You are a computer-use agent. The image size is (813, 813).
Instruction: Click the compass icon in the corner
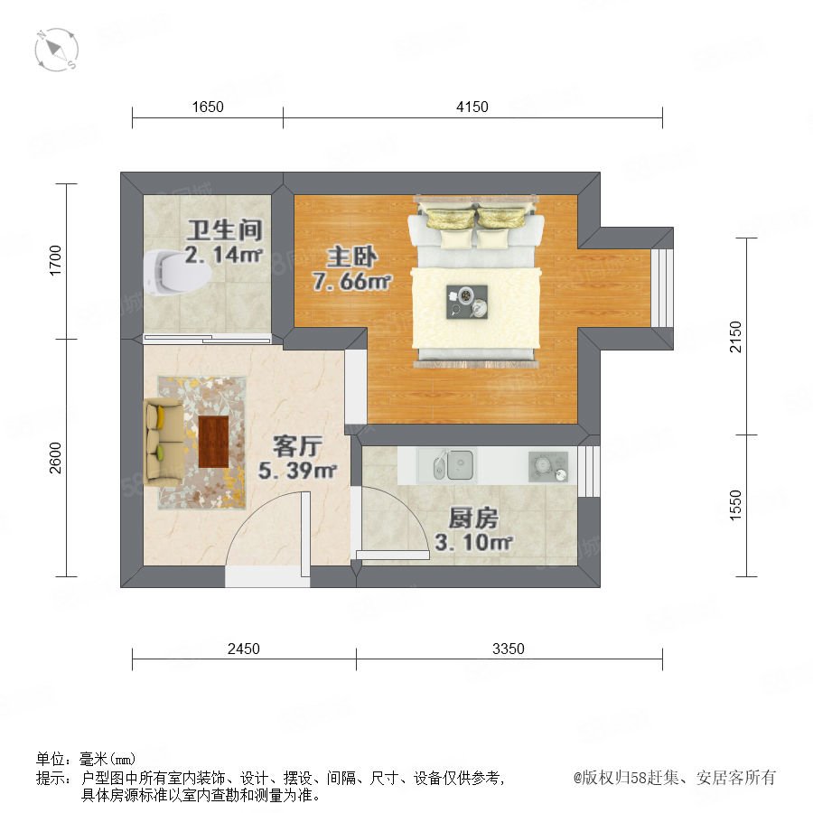[x=56, y=50]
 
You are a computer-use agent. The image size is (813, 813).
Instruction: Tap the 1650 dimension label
[x=208, y=107]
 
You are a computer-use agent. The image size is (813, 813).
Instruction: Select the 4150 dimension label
[x=472, y=107]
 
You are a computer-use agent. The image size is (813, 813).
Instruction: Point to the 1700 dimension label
[x=55, y=260]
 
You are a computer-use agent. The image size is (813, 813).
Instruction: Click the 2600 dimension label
[x=55, y=458]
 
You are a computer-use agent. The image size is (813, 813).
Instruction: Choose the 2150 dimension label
[x=735, y=337]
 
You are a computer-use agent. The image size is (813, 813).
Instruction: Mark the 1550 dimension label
[x=735, y=505]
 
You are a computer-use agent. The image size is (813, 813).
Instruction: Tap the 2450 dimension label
[x=244, y=649]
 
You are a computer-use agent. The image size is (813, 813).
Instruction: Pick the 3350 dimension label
[x=508, y=649]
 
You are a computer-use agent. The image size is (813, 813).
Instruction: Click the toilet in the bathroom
[x=176, y=273]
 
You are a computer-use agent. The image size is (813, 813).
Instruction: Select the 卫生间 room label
[x=225, y=230]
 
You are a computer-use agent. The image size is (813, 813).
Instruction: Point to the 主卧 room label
[x=351, y=257]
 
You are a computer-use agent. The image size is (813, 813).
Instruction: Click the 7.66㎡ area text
[x=352, y=282]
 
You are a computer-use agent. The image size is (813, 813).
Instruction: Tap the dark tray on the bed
[x=467, y=302]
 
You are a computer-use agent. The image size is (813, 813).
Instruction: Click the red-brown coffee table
[x=213, y=442]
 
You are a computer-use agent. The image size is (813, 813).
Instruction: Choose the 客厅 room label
[x=297, y=446]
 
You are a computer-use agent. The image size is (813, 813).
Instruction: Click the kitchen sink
[x=453, y=465]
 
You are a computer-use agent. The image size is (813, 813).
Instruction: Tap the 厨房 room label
[x=473, y=519]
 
